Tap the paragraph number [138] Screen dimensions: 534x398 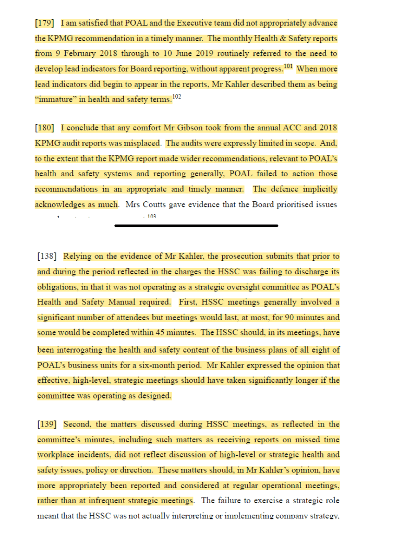pyautogui.click(x=47, y=257)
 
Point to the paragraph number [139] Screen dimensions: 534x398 pyautogui.click(x=47, y=424)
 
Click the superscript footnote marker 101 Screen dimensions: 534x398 pyautogui.click(x=288, y=66)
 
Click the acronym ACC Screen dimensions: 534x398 pyautogui.click(x=306, y=128)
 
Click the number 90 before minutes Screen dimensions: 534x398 pyautogui.click(x=279, y=318)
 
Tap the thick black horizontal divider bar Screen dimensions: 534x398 pyautogui.click(x=196, y=226)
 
